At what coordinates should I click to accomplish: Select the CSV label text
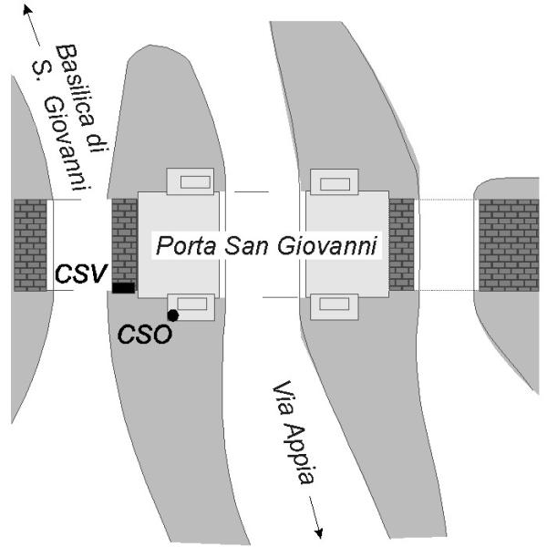tap(80, 273)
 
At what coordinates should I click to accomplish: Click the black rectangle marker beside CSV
tap(123, 288)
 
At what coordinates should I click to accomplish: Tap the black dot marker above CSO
tap(172, 315)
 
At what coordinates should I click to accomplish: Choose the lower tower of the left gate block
tap(192, 306)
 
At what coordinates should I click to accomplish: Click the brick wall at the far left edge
tap(30, 245)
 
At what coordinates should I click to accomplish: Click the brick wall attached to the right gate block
tap(401, 245)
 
